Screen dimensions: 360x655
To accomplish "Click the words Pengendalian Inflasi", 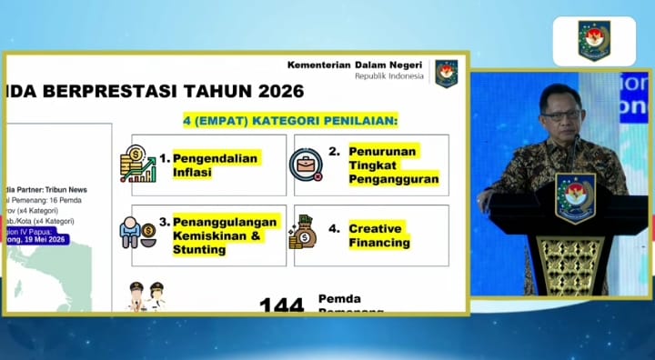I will coord(215,165).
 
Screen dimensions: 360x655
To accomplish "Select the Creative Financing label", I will coord(379,235).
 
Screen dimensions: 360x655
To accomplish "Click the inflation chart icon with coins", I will coord(138,165).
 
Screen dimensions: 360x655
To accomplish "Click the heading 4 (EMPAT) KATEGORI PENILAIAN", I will coord(292,120).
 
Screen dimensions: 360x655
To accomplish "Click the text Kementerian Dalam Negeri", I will coord(357,65).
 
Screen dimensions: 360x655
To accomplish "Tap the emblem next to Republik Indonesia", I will coord(446,73).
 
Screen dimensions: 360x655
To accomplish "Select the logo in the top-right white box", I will coord(594,41).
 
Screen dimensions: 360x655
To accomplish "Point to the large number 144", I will coord(281,305).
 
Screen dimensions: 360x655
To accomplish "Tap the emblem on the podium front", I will coord(575,196).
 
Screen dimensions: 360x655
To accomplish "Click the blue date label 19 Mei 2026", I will coord(43,240).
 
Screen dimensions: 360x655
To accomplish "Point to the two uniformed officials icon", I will coord(146,296).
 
